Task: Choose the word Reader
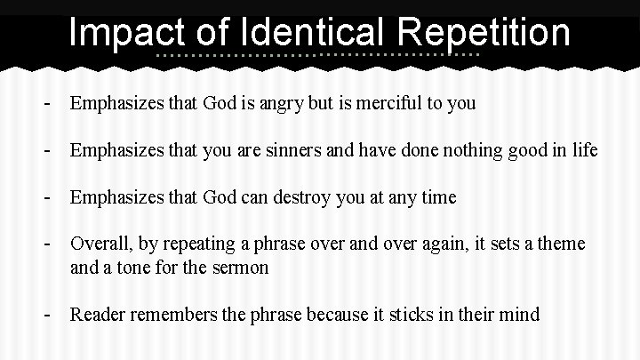pos(98,314)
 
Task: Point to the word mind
pos(519,314)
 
